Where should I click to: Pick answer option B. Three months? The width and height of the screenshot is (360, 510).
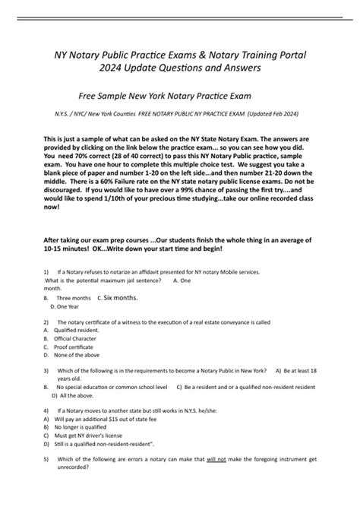tap(73, 299)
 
